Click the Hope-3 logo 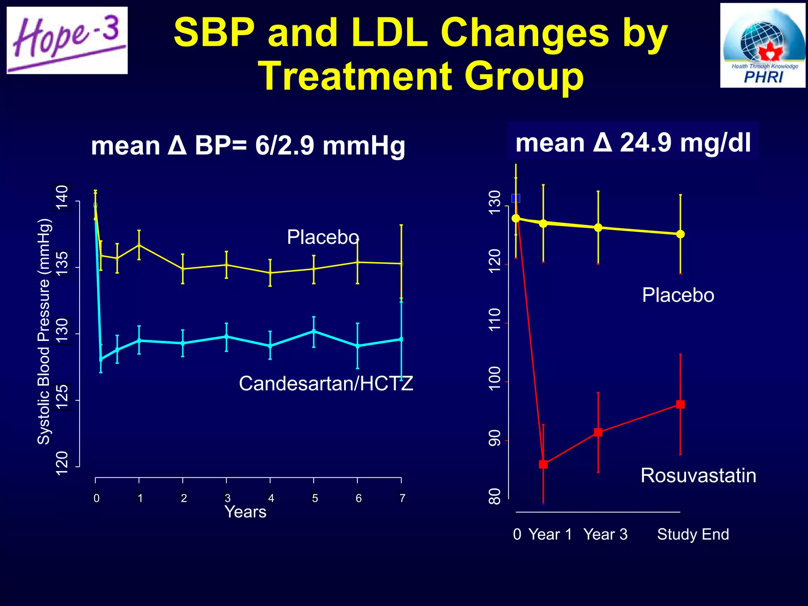(x=67, y=40)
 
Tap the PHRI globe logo (x=762, y=45)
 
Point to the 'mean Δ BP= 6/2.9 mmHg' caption (x=248, y=146)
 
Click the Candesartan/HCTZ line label (x=326, y=383)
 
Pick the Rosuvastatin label (x=698, y=475)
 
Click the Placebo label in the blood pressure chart (x=323, y=237)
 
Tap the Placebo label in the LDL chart (x=678, y=295)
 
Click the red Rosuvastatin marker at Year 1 (x=543, y=464)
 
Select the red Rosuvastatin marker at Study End (x=680, y=404)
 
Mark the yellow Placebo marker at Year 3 (x=598, y=228)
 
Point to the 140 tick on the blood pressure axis (x=62, y=198)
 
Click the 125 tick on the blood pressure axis (x=62, y=397)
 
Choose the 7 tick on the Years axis (x=402, y=498)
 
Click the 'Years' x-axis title (x=245, y=512)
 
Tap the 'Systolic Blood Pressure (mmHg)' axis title (x=44, y=331)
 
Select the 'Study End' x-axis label (x=693, y=535)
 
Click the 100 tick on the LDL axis (x=494, y=379)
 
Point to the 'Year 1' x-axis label (x=550, y=535)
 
